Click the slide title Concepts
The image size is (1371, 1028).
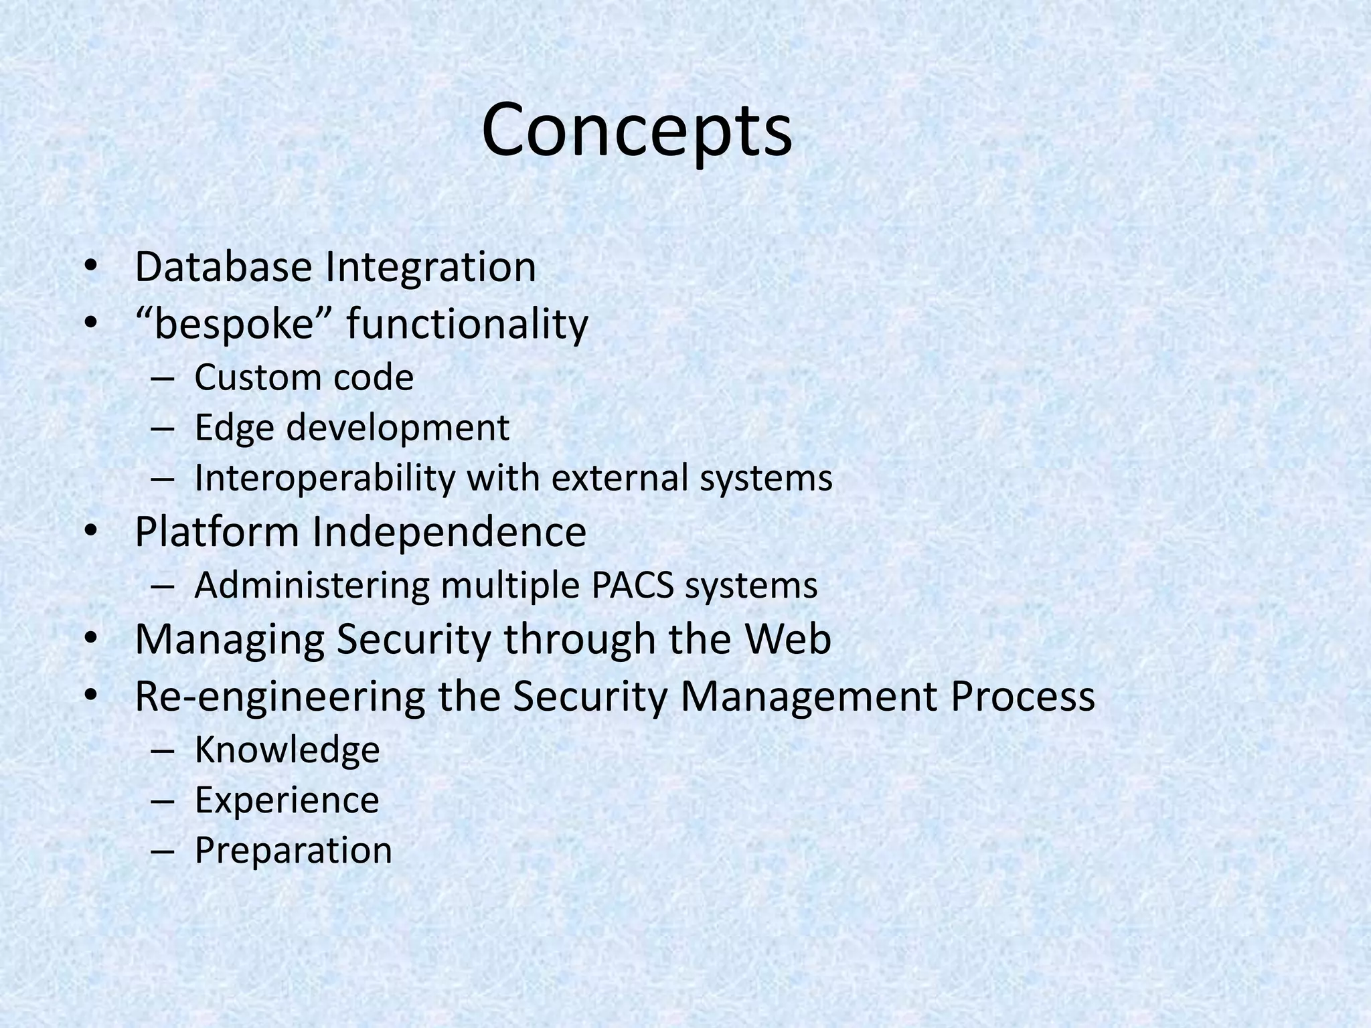click(x=637, y=131)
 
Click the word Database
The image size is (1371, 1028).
click(x=224, y=266)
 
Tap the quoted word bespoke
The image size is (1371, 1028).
click(x=234, y=325)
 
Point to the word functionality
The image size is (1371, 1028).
click(x=467, y=325)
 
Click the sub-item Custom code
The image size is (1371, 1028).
click(x=304, y=377)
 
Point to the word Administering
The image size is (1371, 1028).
click(x=311, y=586)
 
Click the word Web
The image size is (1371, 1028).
click(x=789, y=638)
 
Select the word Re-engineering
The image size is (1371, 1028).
click(x=280, y=697)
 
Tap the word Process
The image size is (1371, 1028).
click(x=1022, y=696)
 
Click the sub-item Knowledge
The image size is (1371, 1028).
click(x=287, y=750)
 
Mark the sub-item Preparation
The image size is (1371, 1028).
click(x=293, y=851)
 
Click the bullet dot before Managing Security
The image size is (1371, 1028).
click(x=91, y=639)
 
